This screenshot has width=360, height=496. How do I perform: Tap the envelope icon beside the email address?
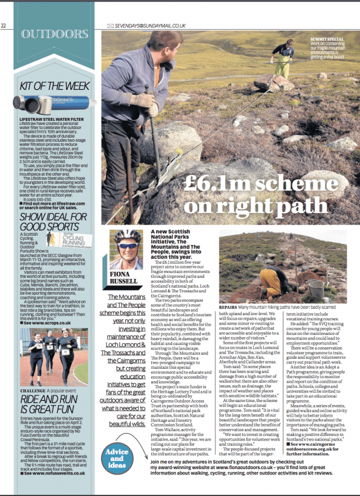[x=110, y=26]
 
